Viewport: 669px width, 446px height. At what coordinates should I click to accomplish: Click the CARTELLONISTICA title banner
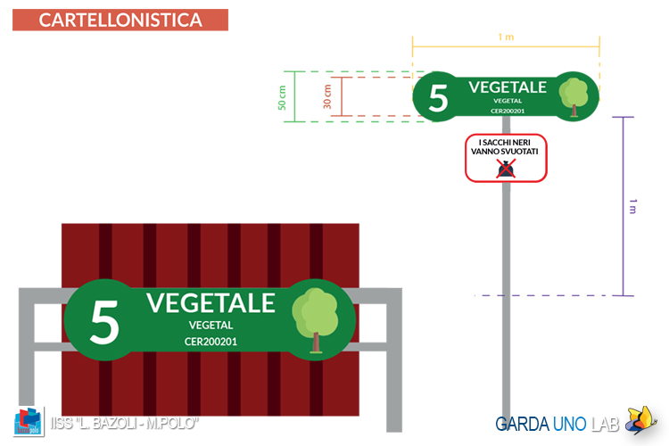(120, 20)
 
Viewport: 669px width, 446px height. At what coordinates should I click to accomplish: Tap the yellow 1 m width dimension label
(506, 37)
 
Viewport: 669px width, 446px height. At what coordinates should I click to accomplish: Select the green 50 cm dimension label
(282, 98)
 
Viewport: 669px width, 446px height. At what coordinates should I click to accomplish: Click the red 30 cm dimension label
(327, 96)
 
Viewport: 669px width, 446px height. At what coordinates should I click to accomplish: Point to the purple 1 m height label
(632, 206)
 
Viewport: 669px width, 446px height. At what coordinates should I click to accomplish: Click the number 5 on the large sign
(104, 321)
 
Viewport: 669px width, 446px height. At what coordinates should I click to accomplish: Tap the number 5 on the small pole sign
(438, 98)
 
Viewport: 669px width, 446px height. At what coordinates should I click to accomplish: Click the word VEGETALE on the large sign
(211, 302)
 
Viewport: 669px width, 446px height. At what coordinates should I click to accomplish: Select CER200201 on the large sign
(211, 342)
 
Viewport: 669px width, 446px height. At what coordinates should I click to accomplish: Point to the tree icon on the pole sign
(574, 97)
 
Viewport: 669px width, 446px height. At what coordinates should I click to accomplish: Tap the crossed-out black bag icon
(506, 169)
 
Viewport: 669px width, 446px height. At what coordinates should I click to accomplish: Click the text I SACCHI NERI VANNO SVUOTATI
(505, 147)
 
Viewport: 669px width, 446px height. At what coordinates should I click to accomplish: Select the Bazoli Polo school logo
(29, 421)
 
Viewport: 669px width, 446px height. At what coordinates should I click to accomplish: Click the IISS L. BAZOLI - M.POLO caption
(124, 424)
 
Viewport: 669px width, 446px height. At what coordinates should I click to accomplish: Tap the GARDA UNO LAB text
(557, 425)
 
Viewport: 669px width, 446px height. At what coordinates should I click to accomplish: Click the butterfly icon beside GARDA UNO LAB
(640, 420)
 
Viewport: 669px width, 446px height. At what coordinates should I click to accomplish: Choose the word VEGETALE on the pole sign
(508, 87)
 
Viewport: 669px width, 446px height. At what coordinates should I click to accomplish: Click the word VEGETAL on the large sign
(211, 326)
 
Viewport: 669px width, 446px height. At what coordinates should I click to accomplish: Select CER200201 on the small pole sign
(508, 111)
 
